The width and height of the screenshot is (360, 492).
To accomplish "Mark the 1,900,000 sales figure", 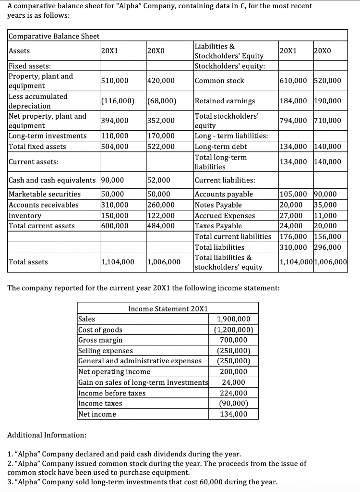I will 233,320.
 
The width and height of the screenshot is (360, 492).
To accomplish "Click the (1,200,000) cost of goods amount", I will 233,330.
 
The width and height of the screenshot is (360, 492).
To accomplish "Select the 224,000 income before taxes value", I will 233,393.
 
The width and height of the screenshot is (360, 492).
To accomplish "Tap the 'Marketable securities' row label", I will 45,195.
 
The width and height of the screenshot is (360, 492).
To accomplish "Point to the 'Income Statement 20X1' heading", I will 168,308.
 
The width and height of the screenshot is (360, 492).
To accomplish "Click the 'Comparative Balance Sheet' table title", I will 54,37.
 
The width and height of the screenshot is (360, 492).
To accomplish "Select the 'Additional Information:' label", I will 47,435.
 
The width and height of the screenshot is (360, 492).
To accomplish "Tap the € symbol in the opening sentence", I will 221,6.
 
